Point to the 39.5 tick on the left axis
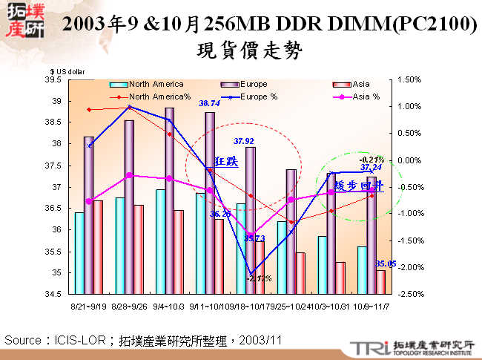[x=53, y=79]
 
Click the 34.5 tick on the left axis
[x=53, y=295]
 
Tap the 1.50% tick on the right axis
[x=410, y=79]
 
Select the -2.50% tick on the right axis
[x=410, y=295]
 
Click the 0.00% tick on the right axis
[x=410, y=160]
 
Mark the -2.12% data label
[x=260, y=278]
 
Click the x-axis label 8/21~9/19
[x=87, y=305]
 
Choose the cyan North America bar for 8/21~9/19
[x=79, y=253]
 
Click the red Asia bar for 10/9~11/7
[x=380, y=282]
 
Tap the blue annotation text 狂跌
[x=225, y=161]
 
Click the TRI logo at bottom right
[x=365, y=347]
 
